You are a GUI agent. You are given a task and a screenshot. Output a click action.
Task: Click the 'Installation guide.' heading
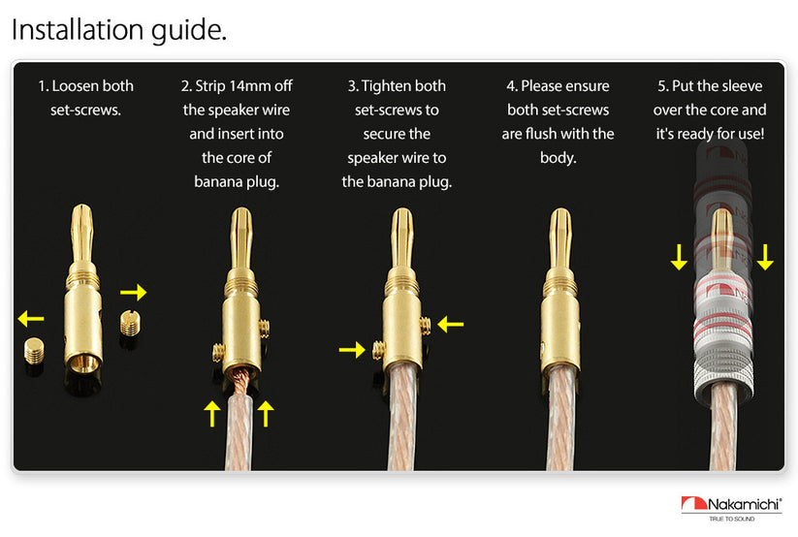(x=119, y=30)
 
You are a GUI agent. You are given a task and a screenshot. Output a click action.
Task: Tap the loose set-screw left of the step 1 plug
(x=34, y=351)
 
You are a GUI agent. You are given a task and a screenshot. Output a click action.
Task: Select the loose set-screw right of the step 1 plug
(x=130, y=323)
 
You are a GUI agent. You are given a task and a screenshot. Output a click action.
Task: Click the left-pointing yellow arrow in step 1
(x=30, y=319)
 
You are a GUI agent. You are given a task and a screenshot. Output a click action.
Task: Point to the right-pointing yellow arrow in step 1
(x=134, y=292)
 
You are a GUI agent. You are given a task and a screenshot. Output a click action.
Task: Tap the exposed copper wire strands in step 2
(x=240, y=381)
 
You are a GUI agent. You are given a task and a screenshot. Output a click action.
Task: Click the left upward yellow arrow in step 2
(x=211, y=413)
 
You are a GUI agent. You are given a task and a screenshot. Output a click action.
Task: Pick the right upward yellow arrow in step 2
(x=266, y=413)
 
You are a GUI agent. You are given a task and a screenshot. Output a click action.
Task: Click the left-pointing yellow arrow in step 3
(x=451, y=325)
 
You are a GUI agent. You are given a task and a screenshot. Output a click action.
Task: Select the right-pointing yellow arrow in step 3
(x=352, y=350)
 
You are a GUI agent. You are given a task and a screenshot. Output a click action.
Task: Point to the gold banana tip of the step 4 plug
(x=560, y=239)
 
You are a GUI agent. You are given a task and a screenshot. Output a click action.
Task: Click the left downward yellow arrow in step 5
(x=679, y=257)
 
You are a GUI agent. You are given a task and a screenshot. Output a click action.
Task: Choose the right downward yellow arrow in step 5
(x=765, y=257)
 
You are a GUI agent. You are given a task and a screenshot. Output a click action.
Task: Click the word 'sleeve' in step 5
(x=742, y=86)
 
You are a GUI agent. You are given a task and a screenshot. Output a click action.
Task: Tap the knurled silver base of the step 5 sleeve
(x=723, y=377)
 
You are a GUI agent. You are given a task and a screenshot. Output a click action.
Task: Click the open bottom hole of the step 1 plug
(x=83, y=363)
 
